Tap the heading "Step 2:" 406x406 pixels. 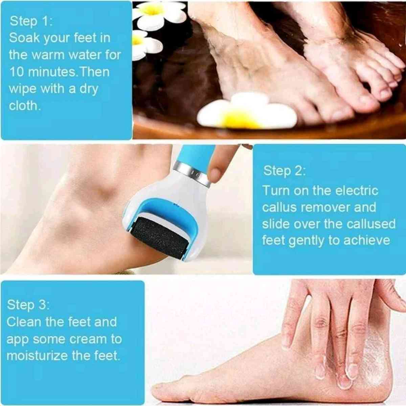(284, 171)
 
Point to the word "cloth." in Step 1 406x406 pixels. (25, 106)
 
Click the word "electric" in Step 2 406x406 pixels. (357, 190)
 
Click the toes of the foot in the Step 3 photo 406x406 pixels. (162, 396)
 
